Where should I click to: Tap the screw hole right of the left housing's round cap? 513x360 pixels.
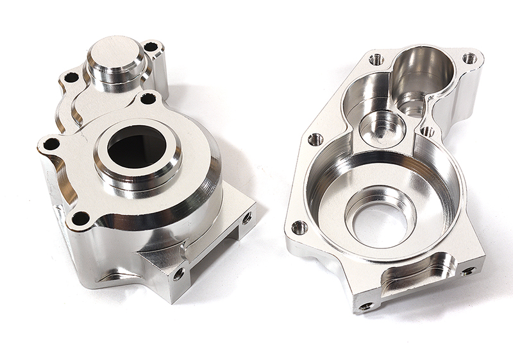tap(151, 47)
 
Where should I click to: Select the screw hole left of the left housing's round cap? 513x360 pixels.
tap(71, 78)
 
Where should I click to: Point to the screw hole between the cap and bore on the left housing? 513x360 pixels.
tap(147, 98)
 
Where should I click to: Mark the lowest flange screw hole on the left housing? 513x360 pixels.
tap(80, 218)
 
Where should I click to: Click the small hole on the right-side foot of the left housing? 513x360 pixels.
tap(246, 218)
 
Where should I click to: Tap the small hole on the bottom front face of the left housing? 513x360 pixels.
tap(178, 274)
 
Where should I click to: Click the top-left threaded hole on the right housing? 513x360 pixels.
tap(376, 59)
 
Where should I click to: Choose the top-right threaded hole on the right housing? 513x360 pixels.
tap(469, 58)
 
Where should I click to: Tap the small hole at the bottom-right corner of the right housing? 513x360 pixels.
tap(468, 271)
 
